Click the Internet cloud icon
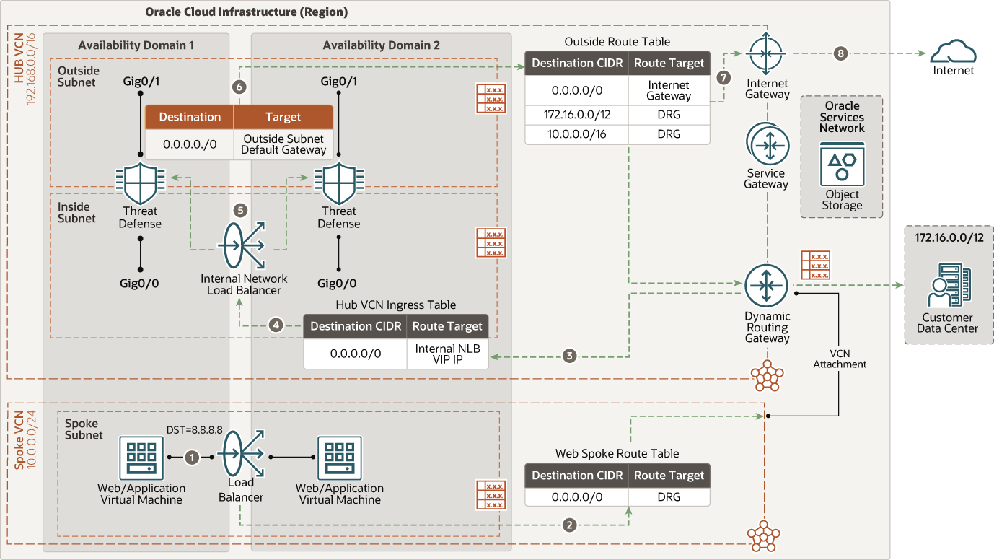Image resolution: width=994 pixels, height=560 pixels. pos(953,53)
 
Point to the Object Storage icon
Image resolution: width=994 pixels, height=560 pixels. pos(842,165)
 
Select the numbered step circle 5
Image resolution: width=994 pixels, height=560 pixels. pos(241,211)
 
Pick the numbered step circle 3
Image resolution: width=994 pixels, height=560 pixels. pos(570,356)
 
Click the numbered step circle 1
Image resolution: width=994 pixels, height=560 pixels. pos(191,457)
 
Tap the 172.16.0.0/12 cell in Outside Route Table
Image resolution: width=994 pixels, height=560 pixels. pos(576,115)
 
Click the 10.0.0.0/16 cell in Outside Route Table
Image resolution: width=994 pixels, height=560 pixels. pos(576,134)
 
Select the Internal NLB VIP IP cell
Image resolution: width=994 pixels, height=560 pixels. pos(447,354)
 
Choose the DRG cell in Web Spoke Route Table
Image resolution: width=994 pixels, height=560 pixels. pos(669,496)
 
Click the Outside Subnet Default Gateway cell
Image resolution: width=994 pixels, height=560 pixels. pos(283,144)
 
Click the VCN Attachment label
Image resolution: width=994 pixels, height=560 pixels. pos(840,359)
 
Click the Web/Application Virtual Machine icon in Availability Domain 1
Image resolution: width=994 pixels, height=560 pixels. pos(141,458)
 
